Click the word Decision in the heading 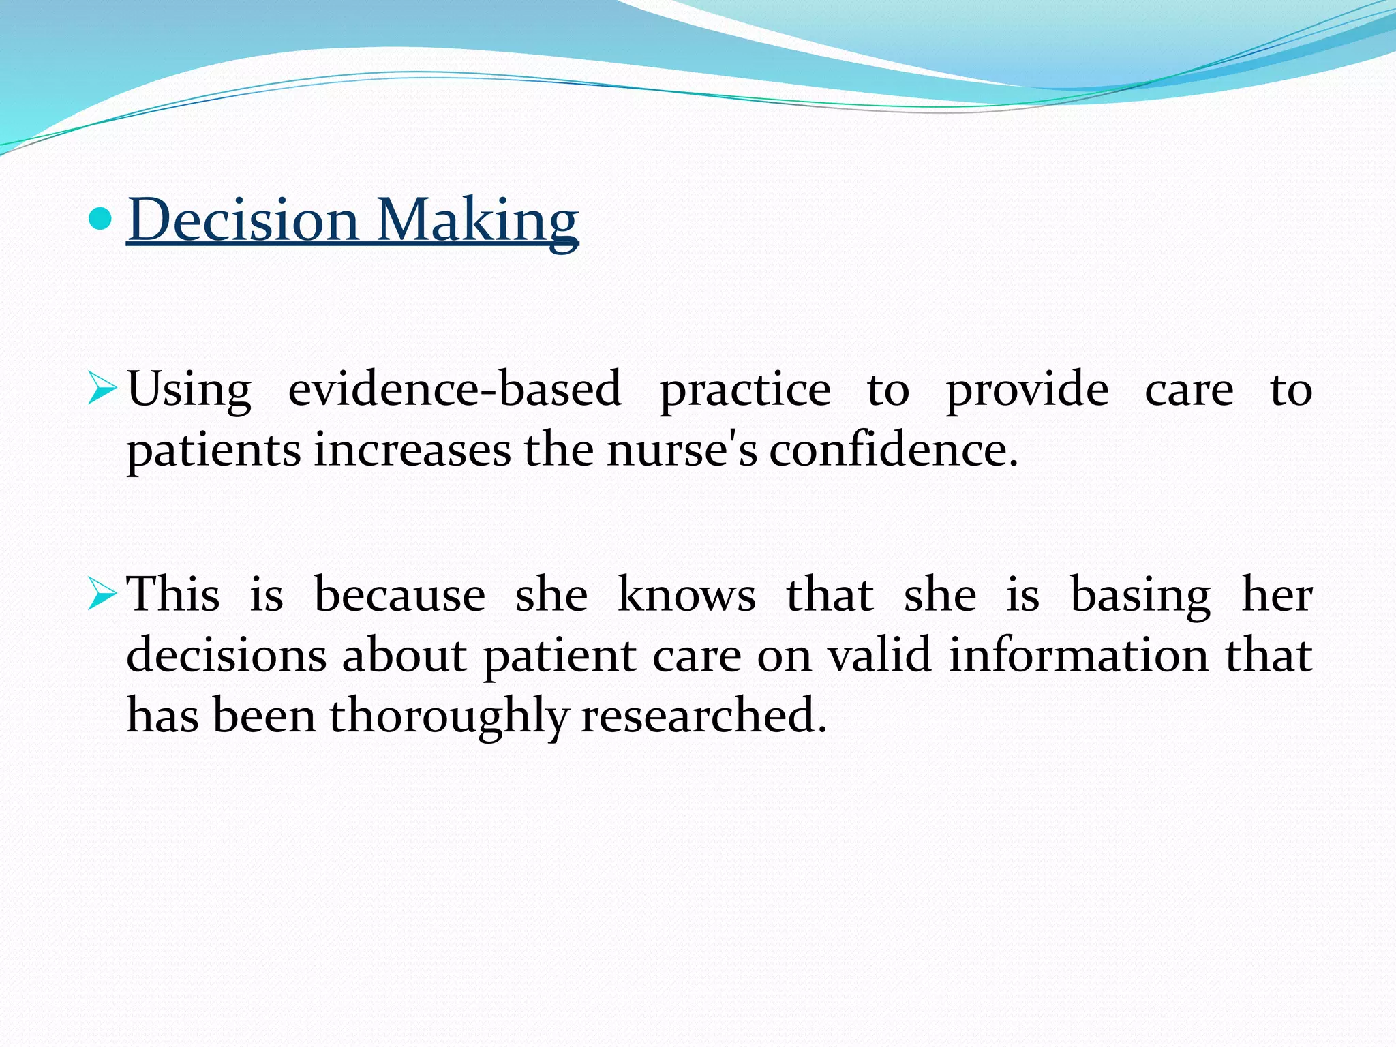pos(243,219)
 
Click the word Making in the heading pos(477,219)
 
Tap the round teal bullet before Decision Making pos(100,219)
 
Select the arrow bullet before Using pos(102,391)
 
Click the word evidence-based pos(455,390)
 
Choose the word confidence pos(893,451)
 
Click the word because pos(399,595)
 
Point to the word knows pos(686,595)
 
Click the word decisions pos(226,656)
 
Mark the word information pos(1079,656)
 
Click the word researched pos(703,716)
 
